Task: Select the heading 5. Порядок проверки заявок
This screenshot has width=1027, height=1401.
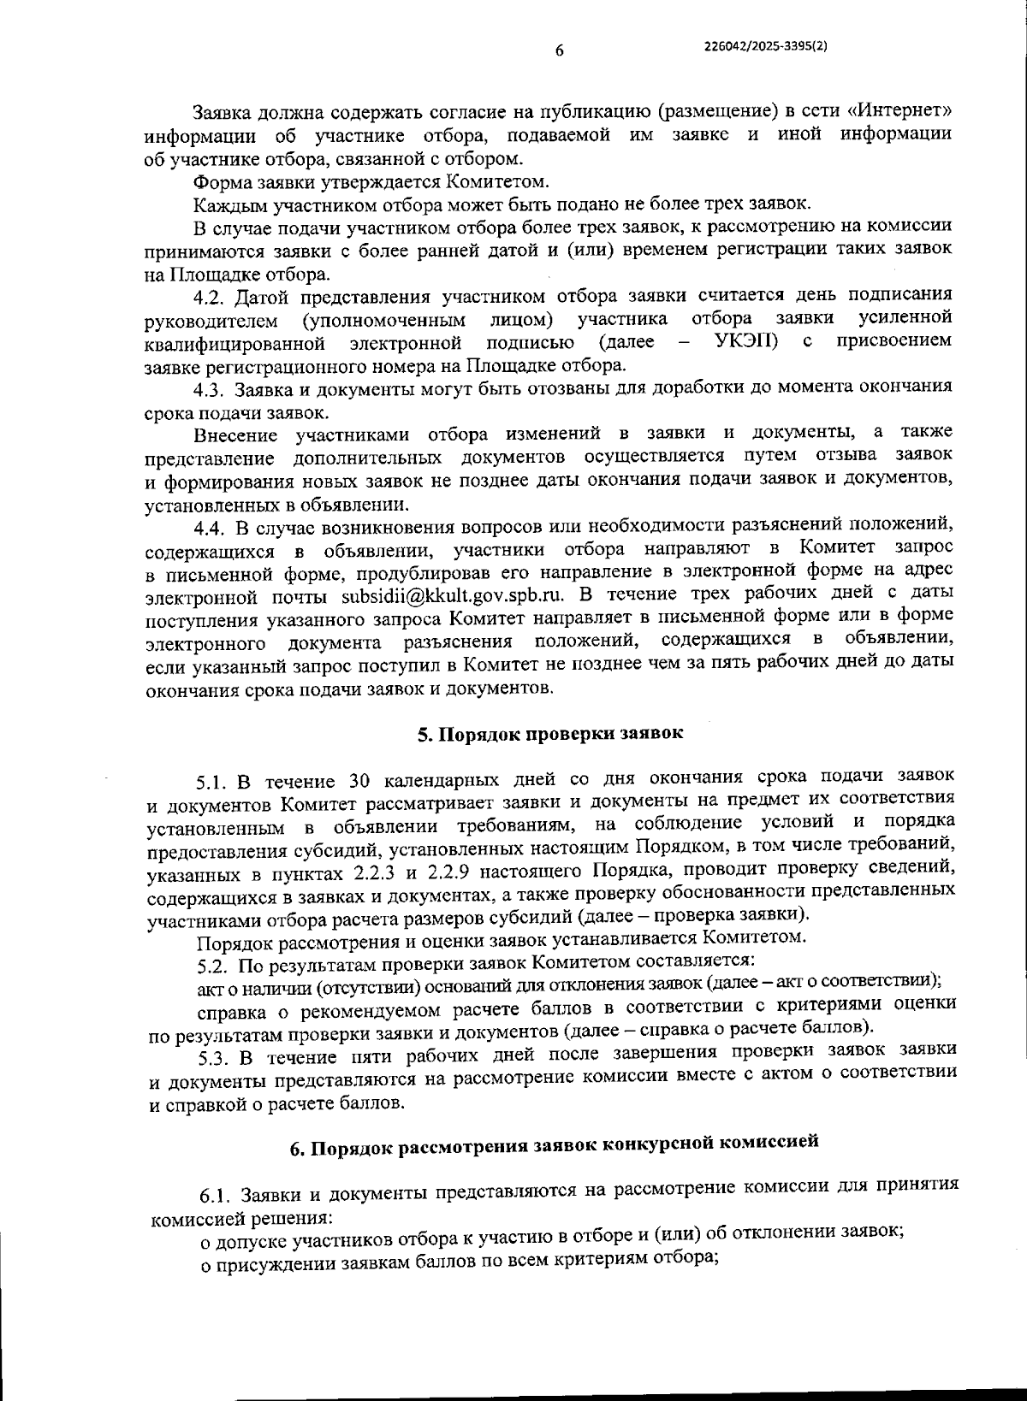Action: (x=550, y=735)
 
